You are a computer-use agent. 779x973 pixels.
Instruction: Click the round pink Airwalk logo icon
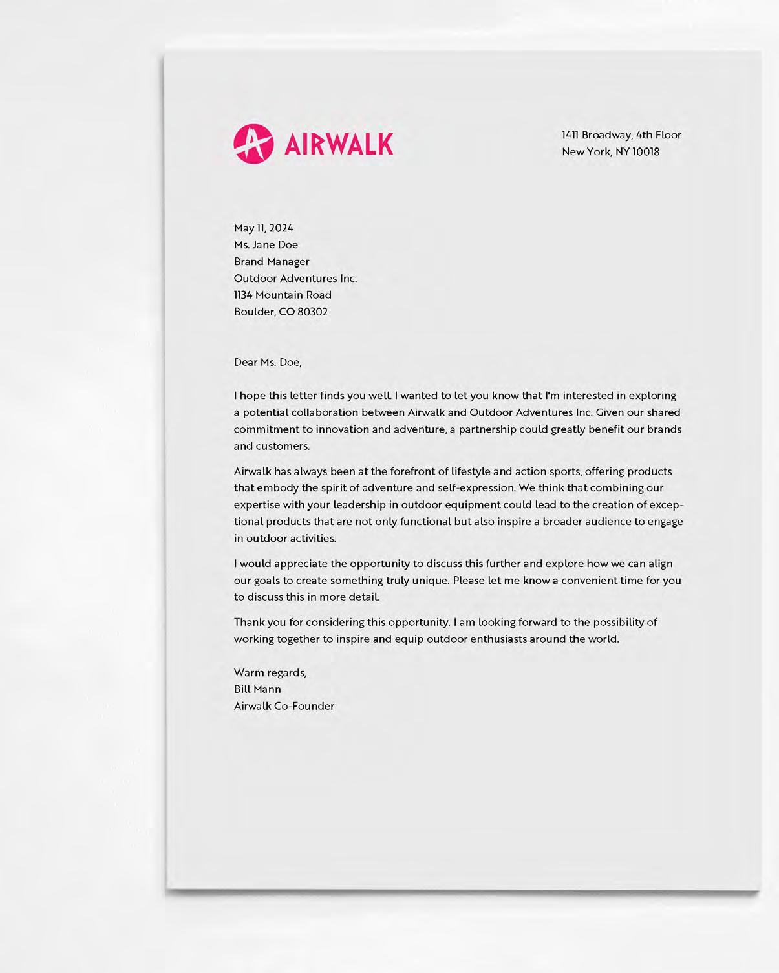(x=253, y=144)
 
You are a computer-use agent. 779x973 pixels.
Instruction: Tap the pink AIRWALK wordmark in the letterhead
(x=339, y=144)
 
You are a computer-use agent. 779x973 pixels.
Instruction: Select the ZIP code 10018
(x=646, y=152)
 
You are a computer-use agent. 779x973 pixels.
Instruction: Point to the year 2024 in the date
(x=281, y=228)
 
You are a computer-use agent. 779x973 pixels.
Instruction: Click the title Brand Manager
(x=272, y=262)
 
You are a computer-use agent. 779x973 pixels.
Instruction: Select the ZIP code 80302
(x=313, y=312)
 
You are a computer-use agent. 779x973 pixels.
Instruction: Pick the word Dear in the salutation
(x=246, y=362)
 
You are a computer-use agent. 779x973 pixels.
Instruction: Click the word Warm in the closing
(x=248, y=673)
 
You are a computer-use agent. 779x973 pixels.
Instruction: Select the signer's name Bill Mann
(x=257, y=690)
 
